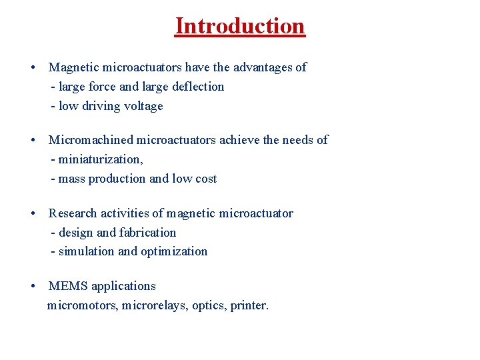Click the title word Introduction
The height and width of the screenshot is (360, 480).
tap(240, 26)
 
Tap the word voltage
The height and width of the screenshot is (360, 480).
tap(142, 106)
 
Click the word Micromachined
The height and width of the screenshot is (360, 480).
tap(91, 140)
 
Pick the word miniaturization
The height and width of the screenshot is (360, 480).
tap(100, 159)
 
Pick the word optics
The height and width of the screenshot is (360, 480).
tap(209, 306)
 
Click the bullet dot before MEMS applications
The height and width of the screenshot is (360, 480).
tap(33, 287)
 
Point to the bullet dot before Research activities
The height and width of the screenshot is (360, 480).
tap(33, 214)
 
